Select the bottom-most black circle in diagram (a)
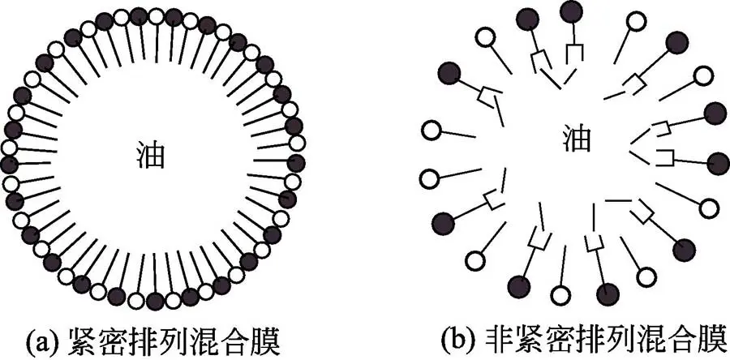coord(154,301)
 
